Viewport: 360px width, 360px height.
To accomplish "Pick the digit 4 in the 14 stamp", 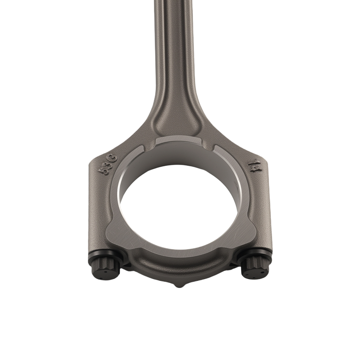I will pyautogui.click(x=253, y=169).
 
